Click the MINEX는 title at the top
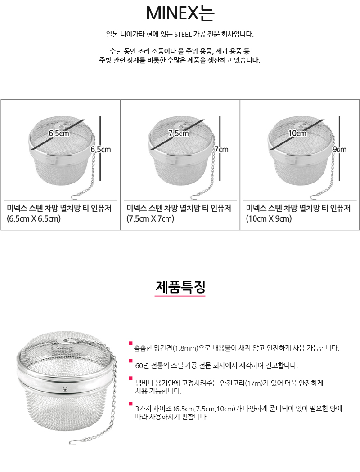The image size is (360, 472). (180, 13)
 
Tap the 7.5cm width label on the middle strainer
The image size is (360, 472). (178, 133)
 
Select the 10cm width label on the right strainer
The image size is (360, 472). (297, 133)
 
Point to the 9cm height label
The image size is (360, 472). (339, 149)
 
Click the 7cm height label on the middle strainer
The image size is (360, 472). (221, 149)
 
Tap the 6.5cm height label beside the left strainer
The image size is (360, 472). (100, 149)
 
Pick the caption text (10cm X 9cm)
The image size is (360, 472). (269, 219)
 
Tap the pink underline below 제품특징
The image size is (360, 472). (180, 296)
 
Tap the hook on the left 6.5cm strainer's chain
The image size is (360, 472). (76, 196)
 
